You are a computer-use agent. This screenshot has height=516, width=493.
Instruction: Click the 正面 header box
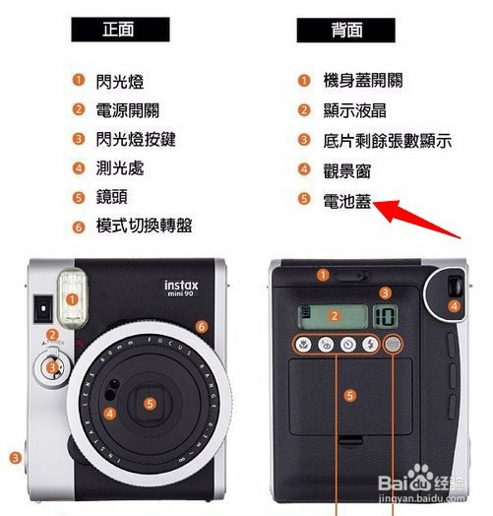coord(120,30)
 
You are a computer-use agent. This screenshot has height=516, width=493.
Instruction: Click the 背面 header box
coord(346,31)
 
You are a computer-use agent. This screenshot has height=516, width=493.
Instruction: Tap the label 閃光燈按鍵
coord(136,139)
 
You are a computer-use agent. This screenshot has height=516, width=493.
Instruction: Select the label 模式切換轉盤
coord(144,226)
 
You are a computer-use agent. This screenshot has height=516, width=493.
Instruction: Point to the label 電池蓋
coord(347,201)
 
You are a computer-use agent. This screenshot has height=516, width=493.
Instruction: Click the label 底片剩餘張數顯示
coord(388,141)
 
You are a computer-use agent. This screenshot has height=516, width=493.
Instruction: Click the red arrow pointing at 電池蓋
coord(416,219)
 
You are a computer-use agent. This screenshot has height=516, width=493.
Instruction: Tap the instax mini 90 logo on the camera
coord(181,289)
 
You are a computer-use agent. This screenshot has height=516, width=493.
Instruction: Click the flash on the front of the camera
coord(73,299)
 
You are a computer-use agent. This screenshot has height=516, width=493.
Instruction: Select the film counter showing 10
coord(385,316)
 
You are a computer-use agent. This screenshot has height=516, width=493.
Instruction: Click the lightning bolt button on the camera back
coord(371,345)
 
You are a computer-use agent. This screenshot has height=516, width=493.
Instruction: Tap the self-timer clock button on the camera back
coord(348,345)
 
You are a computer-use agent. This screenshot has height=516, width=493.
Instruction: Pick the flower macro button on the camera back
coord(303,345)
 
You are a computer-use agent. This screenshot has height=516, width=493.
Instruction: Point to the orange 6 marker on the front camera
coord(202,327)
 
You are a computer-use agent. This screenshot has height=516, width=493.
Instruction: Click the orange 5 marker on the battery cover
coord(350,395)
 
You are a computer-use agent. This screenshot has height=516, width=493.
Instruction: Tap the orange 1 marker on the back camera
coord(323,275)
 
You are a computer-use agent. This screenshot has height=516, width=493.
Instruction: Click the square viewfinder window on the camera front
coord(43,308)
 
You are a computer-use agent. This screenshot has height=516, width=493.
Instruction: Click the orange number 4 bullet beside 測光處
coord(79,168)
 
